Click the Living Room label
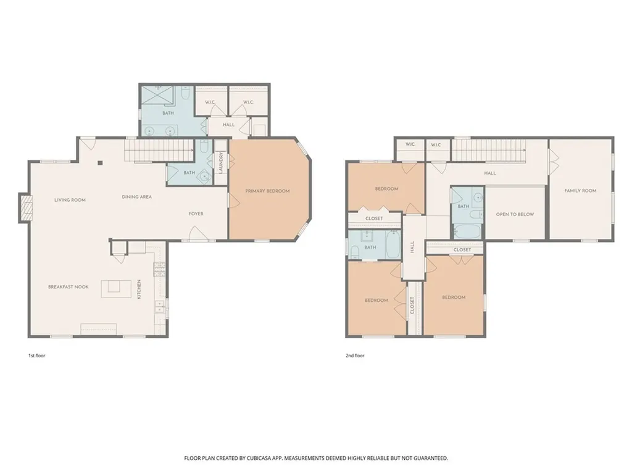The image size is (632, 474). [70, 200]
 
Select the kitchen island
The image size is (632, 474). [116, 289]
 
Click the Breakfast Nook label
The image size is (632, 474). [69, 287]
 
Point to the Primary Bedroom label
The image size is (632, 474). [268, 191]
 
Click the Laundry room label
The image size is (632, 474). [221, 162]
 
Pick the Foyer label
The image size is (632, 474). [196, 214]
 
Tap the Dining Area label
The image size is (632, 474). [137, 197]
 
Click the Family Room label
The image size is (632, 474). [580, 191]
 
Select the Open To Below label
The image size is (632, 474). [515, 214]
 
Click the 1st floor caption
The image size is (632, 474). [36, 356]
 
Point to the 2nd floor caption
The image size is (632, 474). [355, 356]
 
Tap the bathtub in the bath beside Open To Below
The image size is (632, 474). [467, 231]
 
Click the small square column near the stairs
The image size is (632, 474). [101, 163]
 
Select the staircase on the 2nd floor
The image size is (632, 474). [489, 150]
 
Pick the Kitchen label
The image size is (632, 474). [139, 289]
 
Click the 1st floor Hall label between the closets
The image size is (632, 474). [228, 125]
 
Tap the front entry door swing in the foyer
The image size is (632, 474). [198, 233]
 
